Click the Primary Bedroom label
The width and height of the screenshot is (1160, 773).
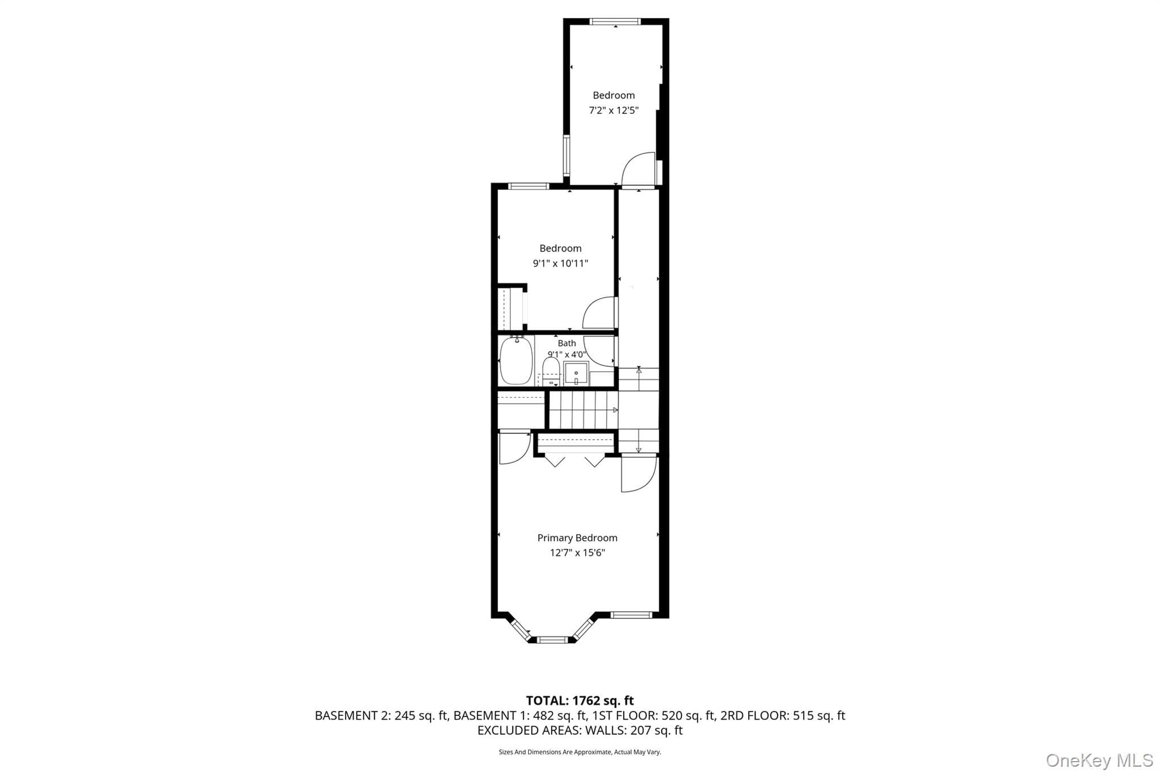pyautogui.click(x=577, y=538)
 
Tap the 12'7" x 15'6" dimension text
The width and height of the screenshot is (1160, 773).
pyautogui.click(x=577, y=553)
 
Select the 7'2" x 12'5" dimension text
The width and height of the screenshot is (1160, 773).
pyautogui.click(x=613, y=110)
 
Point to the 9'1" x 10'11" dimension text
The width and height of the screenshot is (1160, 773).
pyautogui.click(x=560, y=263)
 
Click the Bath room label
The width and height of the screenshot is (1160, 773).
pyautogui.click(x=567, y=343)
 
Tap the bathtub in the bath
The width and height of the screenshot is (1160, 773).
pyautogui.click(x=516, y=360)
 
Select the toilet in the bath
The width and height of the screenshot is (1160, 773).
pyautogui.click(x=551, y=371)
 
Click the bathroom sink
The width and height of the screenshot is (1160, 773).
pyautogui.click(x=576, y=374)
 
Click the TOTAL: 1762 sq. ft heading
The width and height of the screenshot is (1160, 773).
pyautogui.click(x=580, y=701)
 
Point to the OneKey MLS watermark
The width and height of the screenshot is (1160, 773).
pyautogui.click(x=1099, y=760)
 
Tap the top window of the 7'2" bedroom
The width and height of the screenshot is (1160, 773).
pyautogui.click(x=615, y=22)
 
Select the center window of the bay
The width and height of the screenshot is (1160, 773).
pyautogui.click(x=552, y=640)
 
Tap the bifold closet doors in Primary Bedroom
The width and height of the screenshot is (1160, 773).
pyautogui.click(x=575, y=460)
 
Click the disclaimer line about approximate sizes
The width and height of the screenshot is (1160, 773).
pyautogui.click(x=580, y=752)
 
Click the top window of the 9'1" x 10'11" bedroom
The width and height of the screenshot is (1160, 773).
pyautogui.click(x=528, y=186)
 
